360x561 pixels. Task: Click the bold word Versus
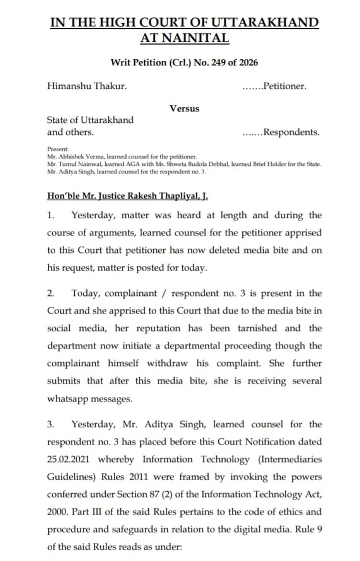tap(184, 108)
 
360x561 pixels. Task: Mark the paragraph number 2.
tap(50, 293)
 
